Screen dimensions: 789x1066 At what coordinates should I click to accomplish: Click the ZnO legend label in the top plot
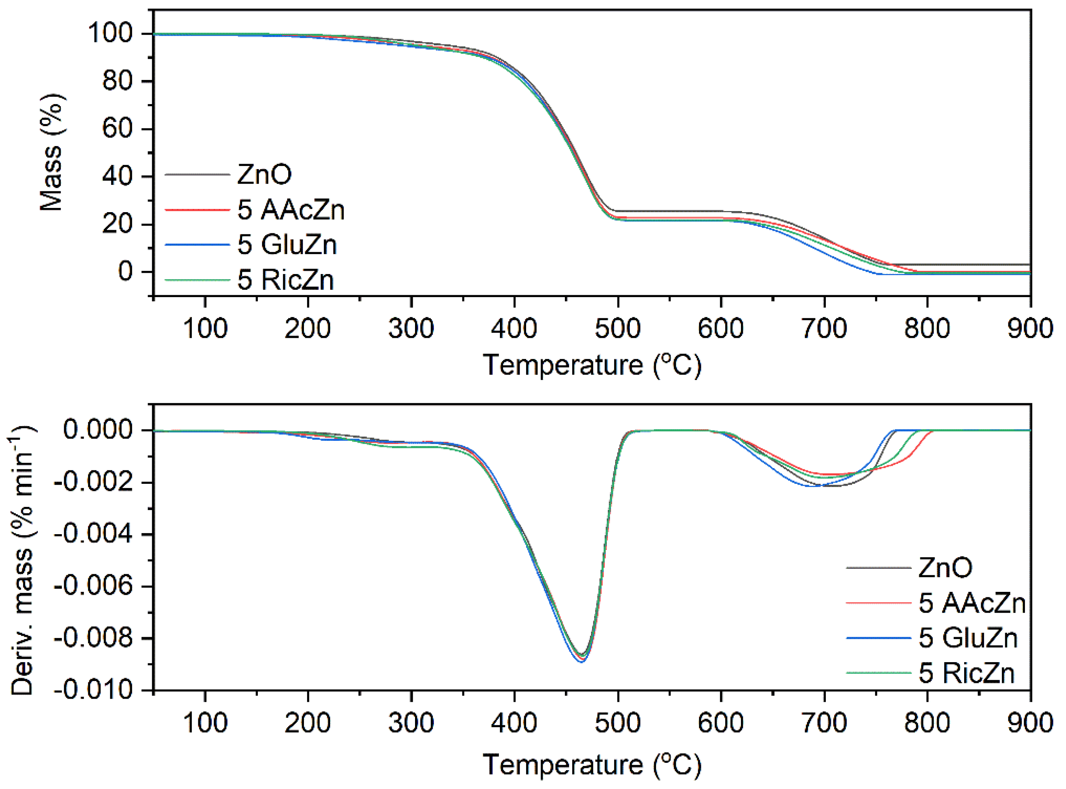(264, 174)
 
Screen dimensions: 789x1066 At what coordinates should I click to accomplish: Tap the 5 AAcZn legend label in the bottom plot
(972, 603)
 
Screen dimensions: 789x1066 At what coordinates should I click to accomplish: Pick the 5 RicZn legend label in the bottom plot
(966, 673)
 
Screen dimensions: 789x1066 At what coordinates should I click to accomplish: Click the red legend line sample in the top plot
(197, 210)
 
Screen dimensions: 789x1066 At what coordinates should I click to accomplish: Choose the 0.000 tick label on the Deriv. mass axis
(98, 430)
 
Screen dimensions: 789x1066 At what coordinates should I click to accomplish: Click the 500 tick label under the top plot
(617, 329)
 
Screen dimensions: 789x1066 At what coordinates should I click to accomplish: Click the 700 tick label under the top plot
(824, 329)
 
